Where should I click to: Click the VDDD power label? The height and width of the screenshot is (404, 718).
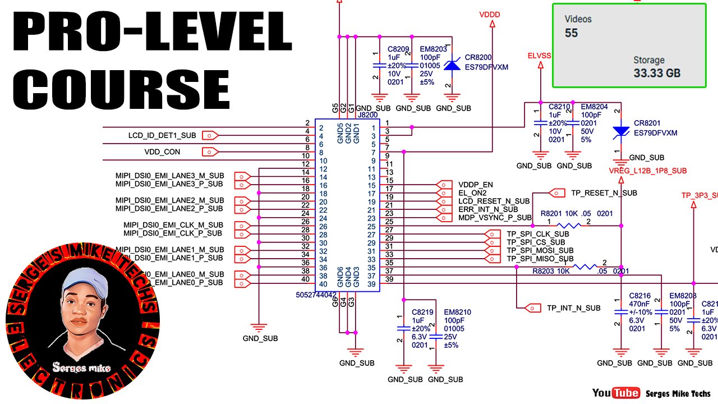(490, 15)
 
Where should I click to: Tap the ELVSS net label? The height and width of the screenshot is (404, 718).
(539, 56)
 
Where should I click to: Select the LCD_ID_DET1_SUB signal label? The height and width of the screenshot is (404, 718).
(162, 135)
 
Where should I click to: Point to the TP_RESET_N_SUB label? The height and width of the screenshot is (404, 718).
(604, 193)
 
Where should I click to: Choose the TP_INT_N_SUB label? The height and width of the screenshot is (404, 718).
(573, 307)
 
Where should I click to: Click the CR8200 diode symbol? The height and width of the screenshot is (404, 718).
(452, 66)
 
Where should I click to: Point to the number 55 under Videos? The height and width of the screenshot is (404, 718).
(571, 33)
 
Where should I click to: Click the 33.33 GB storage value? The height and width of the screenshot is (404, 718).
(657, 72)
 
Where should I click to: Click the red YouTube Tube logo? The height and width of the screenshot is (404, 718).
(625, 393)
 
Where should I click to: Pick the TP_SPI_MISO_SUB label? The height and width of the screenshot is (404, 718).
(540, 259)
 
